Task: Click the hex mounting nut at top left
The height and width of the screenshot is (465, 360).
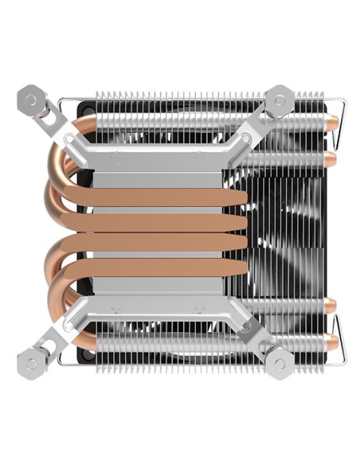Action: click(x=32, y=100)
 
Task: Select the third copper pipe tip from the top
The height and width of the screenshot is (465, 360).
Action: click(x=334, y=306)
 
